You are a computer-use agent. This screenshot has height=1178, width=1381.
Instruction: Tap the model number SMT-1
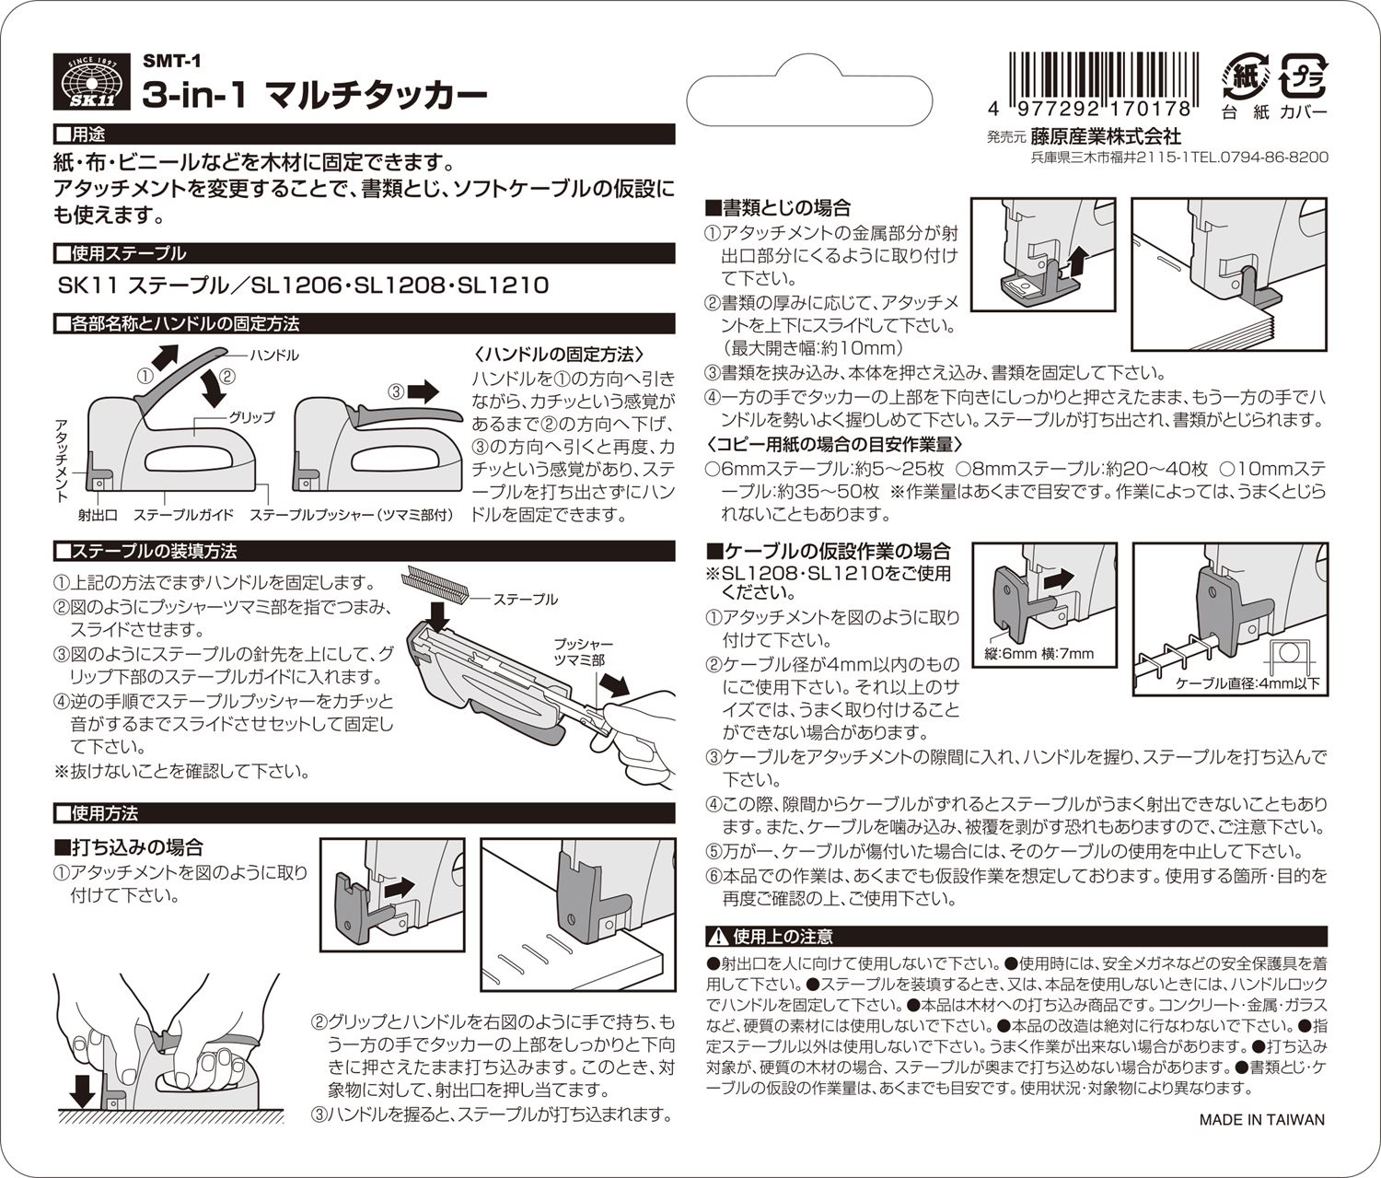172,61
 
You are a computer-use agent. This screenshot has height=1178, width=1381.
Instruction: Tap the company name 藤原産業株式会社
1106,136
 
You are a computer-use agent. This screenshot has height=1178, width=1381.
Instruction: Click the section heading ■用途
80,134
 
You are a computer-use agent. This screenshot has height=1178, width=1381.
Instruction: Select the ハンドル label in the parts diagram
274,355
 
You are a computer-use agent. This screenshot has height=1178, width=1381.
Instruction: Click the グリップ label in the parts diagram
251,417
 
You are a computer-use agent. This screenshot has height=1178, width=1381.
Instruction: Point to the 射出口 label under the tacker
98,515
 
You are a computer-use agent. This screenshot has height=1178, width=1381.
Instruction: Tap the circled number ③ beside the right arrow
396,392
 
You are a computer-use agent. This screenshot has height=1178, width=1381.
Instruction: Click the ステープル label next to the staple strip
525,599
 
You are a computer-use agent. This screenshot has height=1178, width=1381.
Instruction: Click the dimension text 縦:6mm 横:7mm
1039,654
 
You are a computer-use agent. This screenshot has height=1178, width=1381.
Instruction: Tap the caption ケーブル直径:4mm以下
1248,683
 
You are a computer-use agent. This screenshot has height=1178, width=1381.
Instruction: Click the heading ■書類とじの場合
778,208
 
